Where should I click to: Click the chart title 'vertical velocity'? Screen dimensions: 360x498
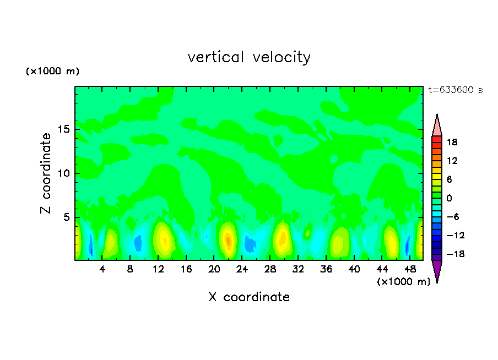[x=249, y=57]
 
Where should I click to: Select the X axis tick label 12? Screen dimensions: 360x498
[x=159, y=270]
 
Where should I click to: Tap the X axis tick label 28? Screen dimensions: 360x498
[x=270, y=270]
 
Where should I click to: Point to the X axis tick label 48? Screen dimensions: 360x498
[x=409, y=270]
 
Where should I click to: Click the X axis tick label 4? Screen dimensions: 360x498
[x=102, y=270]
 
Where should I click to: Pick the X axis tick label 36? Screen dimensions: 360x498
[x=326, y=270]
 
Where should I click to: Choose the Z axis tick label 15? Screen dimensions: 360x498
[x=64, y=130]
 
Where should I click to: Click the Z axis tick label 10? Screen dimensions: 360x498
[x=64, y=174]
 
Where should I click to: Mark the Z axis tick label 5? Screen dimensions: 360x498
[x=67, y=217]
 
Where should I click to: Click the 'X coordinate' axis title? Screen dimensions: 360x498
[x=249, y=297]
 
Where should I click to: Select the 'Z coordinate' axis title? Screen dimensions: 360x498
[x=46, y=174]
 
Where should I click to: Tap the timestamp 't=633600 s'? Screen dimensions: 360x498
[x=455, y=90]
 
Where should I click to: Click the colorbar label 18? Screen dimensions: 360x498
[x=452, y=142]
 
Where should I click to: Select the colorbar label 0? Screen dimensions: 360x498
[x=449, y=198]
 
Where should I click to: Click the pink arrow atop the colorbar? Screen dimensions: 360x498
[x=437, y=125]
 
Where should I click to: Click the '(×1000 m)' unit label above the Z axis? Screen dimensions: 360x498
[x=53, y=72]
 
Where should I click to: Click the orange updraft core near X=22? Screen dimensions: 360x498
[x=228, y=241]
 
